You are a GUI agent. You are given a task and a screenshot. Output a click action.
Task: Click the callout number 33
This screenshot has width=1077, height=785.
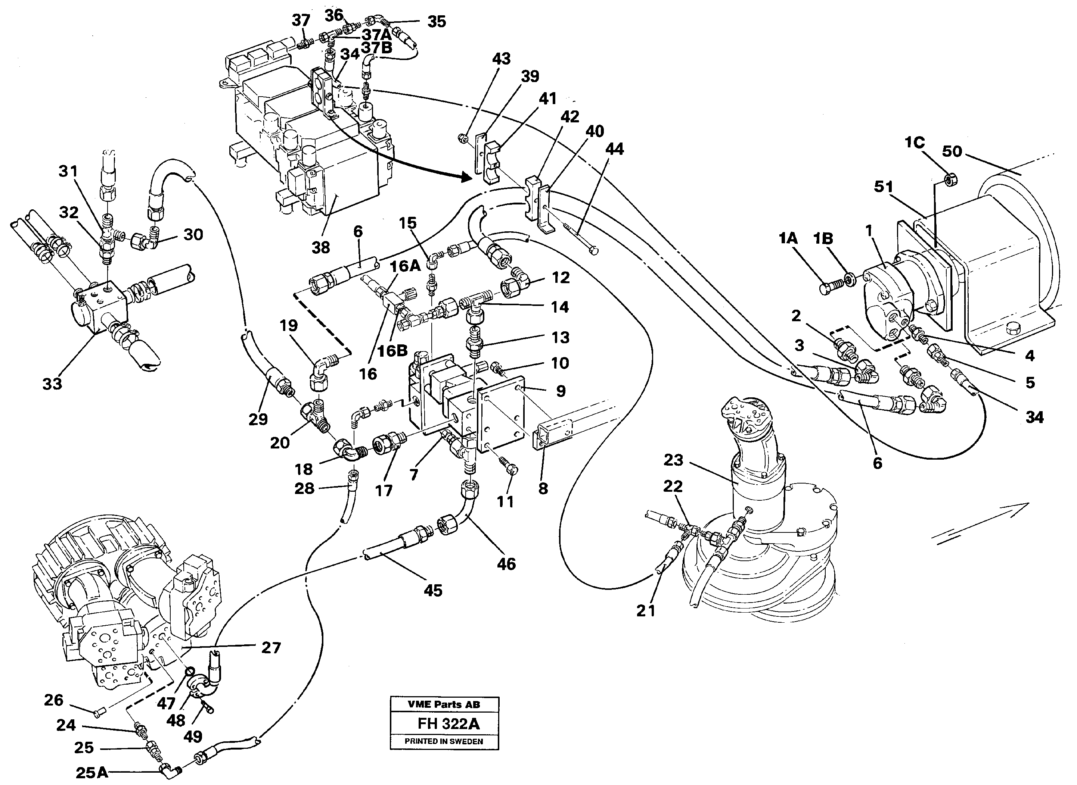click(52, 384)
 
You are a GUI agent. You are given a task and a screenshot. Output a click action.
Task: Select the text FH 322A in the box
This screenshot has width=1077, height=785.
click(449, 724)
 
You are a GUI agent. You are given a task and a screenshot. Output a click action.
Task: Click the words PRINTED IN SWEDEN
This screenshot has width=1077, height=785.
click(444, 741)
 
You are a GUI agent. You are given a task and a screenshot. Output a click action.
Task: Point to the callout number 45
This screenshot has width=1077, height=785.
click(433, 591)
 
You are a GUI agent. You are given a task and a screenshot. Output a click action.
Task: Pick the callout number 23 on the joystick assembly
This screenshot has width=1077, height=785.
click(673, 460)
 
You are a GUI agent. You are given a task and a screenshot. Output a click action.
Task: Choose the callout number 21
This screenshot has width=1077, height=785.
click(646, 611)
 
